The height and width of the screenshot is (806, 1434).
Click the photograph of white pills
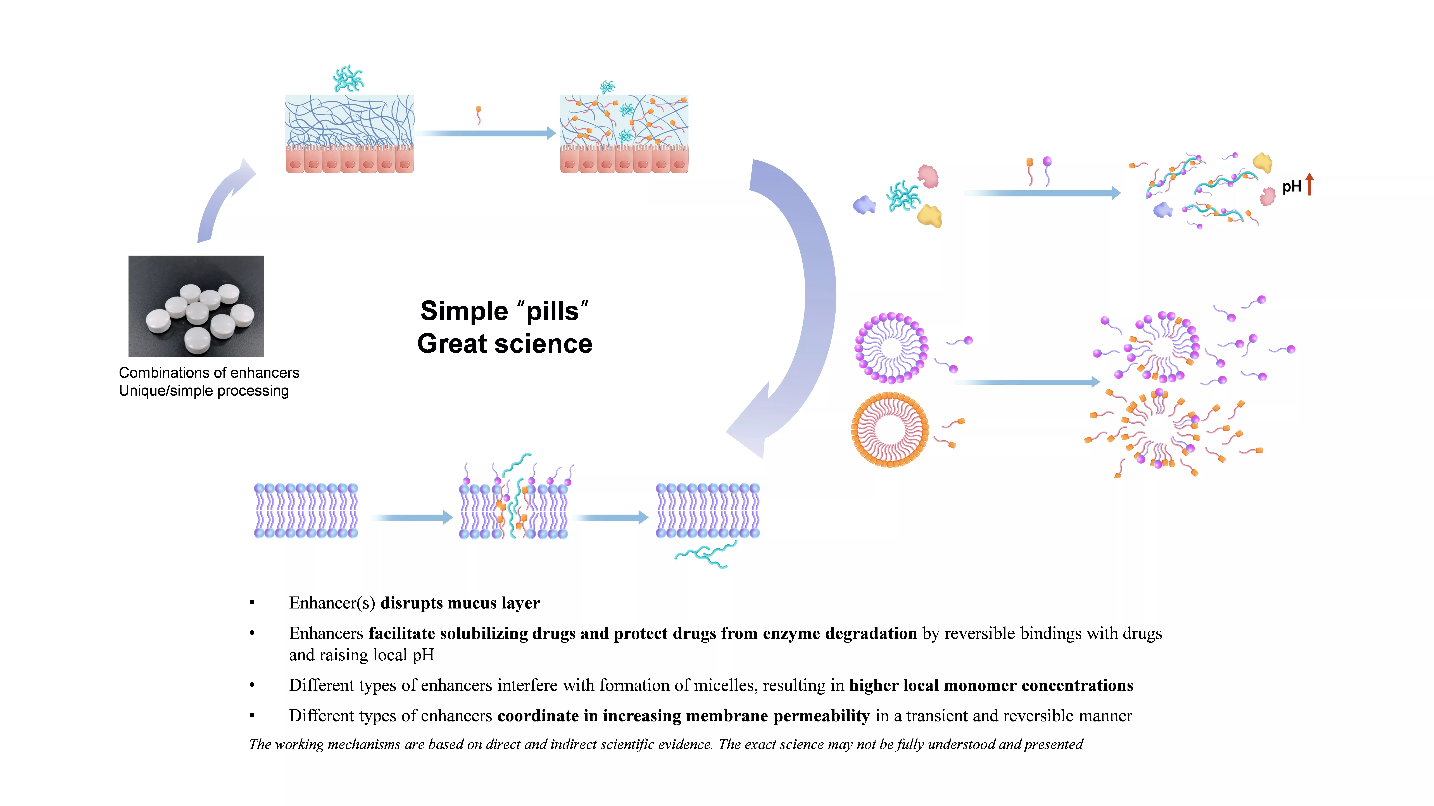click(196, 306)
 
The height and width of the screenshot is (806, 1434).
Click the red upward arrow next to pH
click(1310, 184)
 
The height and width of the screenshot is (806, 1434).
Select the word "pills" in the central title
click(553, 311)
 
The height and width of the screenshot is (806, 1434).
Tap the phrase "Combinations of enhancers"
click(209, 373)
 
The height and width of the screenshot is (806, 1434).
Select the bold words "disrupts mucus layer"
click(460, 603)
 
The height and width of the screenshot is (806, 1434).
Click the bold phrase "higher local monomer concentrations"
click(991, 685)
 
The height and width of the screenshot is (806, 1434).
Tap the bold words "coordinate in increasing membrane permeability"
click(684, 716)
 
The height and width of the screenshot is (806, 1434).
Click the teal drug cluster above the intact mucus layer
click(348, 78)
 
